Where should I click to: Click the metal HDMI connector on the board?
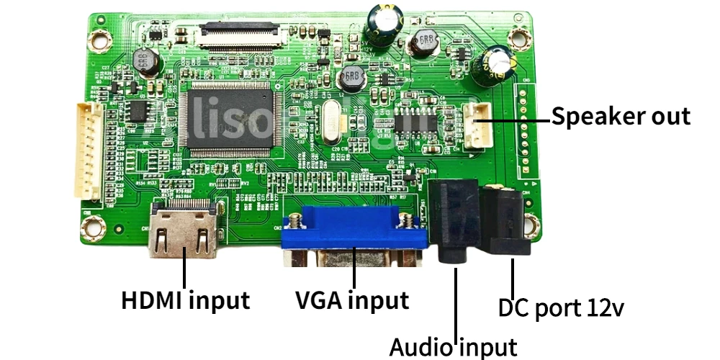[x=184, y=230]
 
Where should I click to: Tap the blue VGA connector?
[x=353, y=234]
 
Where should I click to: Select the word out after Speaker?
[x=670, y=117]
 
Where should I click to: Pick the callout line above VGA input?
[x=354, y=272]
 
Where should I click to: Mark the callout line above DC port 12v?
[x=513, y=277]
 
